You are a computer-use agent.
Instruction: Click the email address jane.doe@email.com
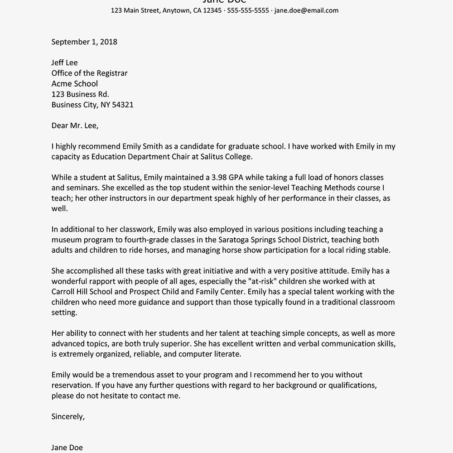[x=306, y=10]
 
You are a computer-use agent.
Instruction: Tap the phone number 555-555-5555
[x=248, y=10]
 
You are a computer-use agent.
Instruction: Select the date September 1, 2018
[x=84, y=42]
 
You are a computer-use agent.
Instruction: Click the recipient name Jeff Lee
[x=64, y=63]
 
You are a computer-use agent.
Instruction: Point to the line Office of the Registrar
[x=89, y=73]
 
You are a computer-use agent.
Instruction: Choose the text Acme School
[x=74, y=83]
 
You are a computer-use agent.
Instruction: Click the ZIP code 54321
[x=122, y=105]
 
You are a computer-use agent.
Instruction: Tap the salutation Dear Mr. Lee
[x=75, y=125]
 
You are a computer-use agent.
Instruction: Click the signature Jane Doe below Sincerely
[x=67, y=448]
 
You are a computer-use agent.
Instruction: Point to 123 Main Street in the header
[x=135, y=10]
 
